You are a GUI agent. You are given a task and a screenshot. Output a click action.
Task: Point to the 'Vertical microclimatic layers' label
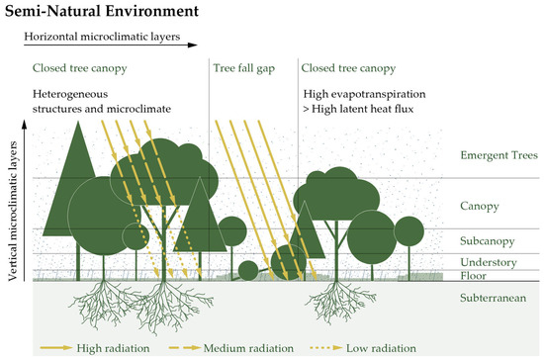click(13, 210)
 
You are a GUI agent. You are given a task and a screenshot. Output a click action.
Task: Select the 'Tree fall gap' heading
click(245, 68)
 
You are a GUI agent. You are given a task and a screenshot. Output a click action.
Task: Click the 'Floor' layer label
click(476, 276)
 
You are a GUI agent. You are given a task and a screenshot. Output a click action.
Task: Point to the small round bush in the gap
click(248, 270)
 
